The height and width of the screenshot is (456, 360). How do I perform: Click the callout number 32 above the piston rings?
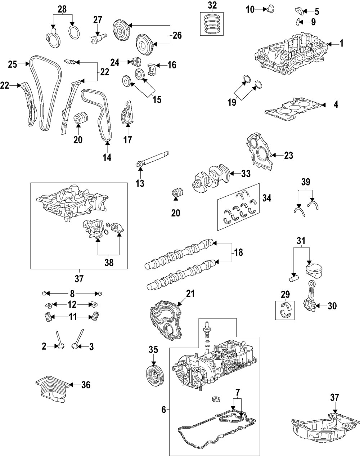pos(212,5)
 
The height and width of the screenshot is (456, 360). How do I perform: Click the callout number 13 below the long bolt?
pos(140,183)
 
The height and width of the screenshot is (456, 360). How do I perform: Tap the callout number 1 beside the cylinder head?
pos(341,44)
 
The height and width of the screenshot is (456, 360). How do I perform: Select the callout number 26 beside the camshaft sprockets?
pos(177,35)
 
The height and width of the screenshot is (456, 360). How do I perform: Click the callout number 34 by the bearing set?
pos(267,198)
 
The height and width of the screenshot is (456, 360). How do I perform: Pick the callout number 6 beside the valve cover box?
pos(163,410)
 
